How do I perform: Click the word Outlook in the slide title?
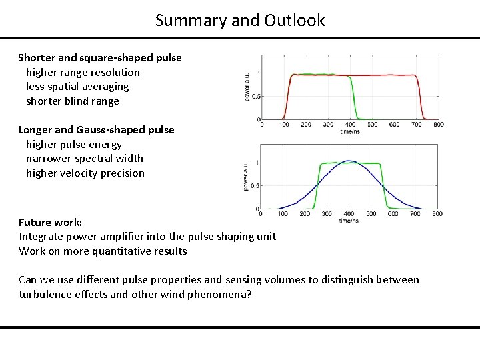pyautogui.click(x=294, y=21)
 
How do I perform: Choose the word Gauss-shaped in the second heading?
pyautogui.click(x=110, y=130)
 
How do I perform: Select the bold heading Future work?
pyautogui.click(x=50, y=223)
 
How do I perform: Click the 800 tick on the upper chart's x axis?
pyautogui.click(x=439, y=125)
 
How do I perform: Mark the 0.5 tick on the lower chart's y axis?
pyautogui.click(x=255, y=186)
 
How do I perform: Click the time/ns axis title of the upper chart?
pyautogui.click(x=349, y=131)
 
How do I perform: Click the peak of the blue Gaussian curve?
pyautogui.click(x=349, y=161)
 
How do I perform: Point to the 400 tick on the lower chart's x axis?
pyautogui.click(x=348, y=214)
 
